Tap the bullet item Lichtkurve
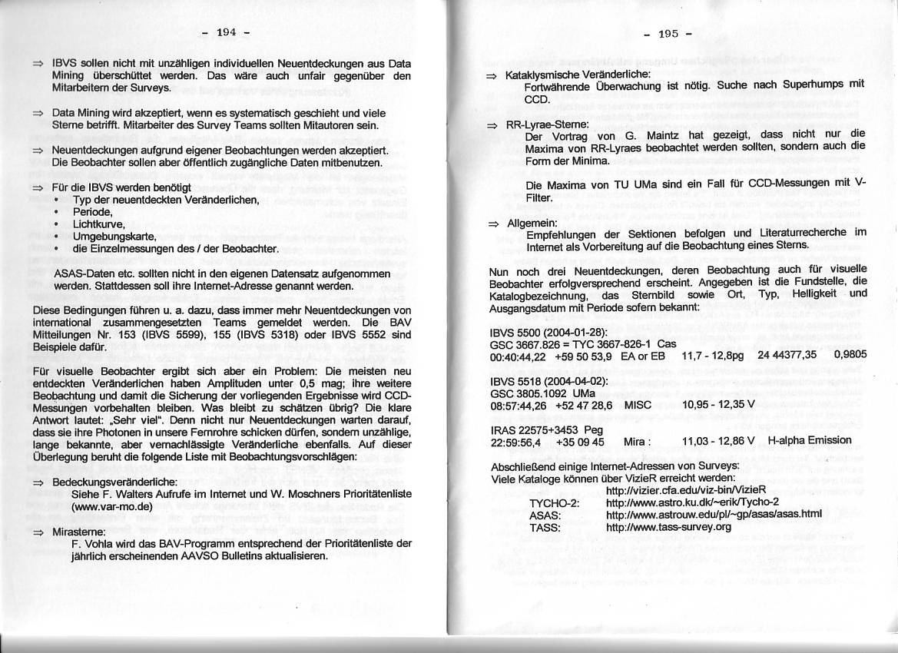coord(93,223)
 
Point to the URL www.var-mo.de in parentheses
coord(111,507)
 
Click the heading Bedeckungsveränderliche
coord(115,482)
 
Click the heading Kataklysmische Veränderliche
coord(578,75)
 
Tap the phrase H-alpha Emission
coord(810,440)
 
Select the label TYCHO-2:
coord(554,502)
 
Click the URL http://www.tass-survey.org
coord(668,527)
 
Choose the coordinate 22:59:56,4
coord(515,442)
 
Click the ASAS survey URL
coord(714,515)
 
